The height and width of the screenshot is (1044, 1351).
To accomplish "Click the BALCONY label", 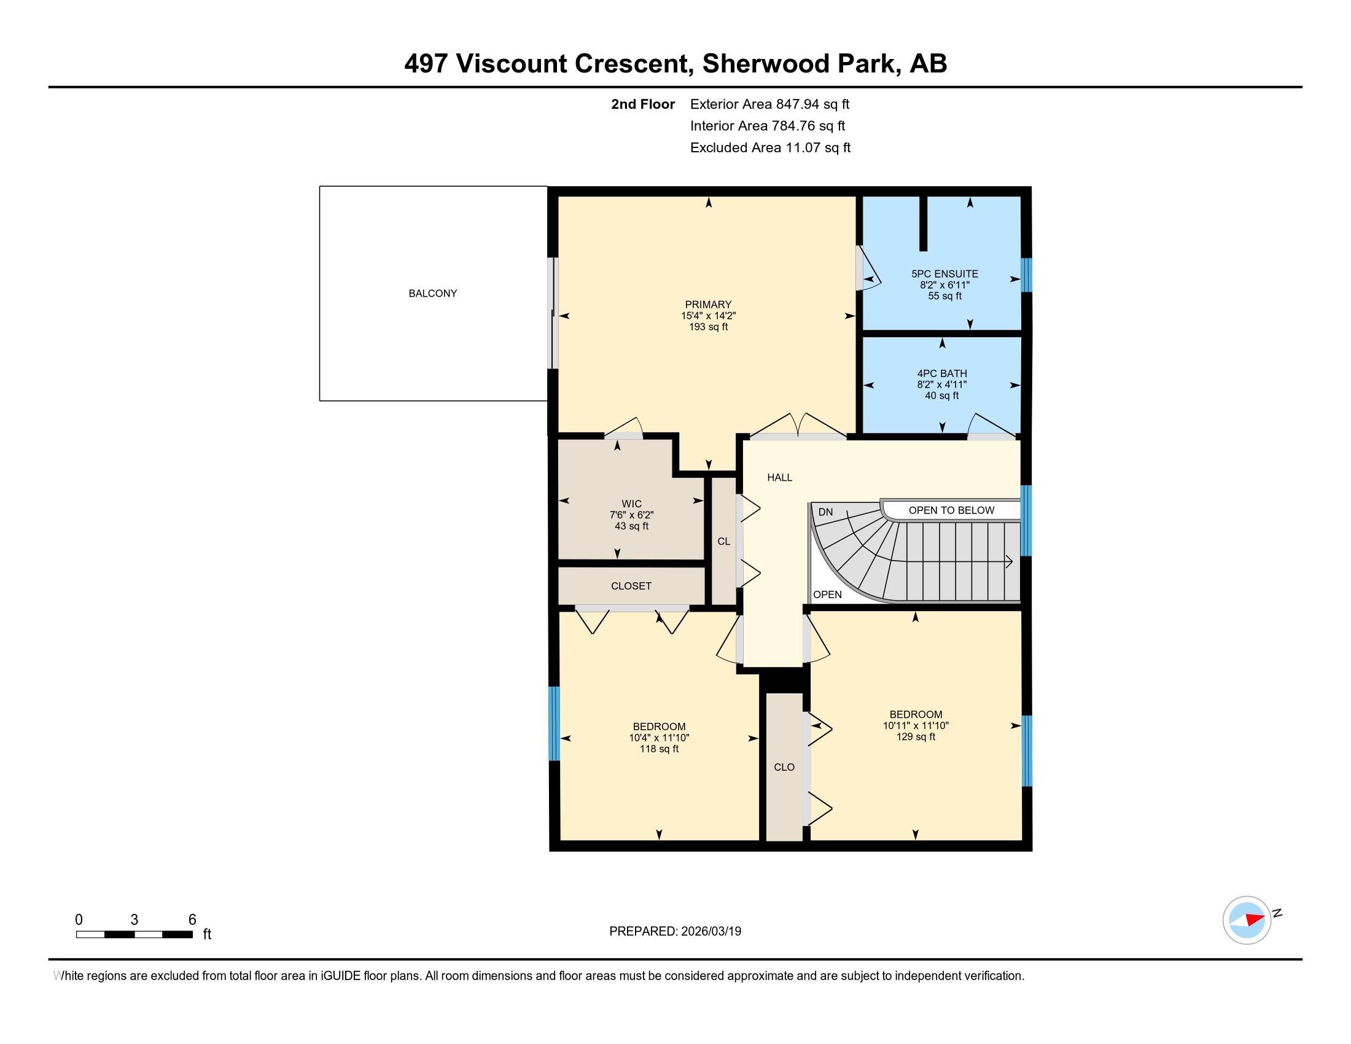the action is pos(432,293).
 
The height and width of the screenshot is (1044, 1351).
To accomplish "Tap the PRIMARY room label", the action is pos(708,304).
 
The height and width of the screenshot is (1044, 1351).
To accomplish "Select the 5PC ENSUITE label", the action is pos(944,274).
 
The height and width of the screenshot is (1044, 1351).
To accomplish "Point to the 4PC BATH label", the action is pos(942,373).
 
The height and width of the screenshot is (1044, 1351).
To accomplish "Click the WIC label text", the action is pos(631,504).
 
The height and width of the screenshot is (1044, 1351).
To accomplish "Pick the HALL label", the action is pos(779,477).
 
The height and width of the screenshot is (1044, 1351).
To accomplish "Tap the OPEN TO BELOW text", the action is pos(951,510).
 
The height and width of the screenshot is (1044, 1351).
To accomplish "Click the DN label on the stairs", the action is pos(825,512).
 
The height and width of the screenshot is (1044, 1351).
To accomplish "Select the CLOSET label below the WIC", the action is pos(631,586).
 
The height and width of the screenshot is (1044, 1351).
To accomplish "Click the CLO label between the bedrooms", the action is pos(784,767).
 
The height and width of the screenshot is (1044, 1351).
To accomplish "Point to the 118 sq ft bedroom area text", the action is pos(659,749).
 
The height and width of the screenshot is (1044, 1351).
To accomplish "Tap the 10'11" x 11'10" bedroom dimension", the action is pos(916,725).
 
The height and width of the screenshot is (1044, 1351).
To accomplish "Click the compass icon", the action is pos(1247,920).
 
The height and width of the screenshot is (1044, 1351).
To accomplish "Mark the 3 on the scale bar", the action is pos(134,920).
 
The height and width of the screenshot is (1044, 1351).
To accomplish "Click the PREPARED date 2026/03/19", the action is pos(709,932).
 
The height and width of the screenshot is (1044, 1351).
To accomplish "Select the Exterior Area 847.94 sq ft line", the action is pos(769,104).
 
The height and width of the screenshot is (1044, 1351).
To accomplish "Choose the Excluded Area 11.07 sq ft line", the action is pos(770,148).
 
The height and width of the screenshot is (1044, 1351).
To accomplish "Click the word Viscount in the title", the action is pos(510,64).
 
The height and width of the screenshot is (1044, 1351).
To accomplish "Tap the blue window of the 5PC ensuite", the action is pos(1026,275).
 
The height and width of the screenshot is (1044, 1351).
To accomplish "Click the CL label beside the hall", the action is pos(724,541).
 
